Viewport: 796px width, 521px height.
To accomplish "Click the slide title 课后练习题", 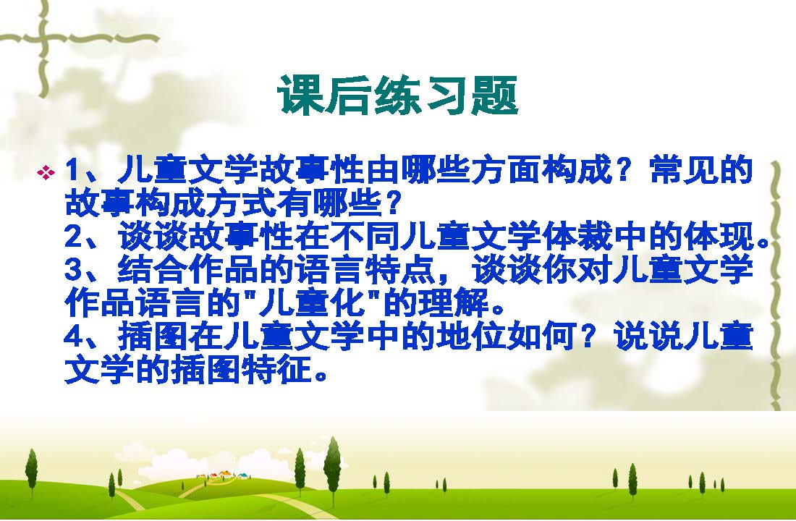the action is (397, 95).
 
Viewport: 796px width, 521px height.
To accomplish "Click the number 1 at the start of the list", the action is (72, 171).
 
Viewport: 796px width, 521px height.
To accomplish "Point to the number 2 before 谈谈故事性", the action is (74, 237).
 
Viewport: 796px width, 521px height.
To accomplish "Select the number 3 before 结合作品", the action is (74, 270).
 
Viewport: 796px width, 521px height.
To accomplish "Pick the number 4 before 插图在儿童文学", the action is (74, 336).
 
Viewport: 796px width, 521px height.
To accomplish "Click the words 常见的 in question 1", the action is (701, 171).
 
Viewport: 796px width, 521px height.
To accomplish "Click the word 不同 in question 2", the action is (364, 237).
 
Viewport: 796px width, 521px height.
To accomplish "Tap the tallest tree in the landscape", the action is (333, 465).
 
